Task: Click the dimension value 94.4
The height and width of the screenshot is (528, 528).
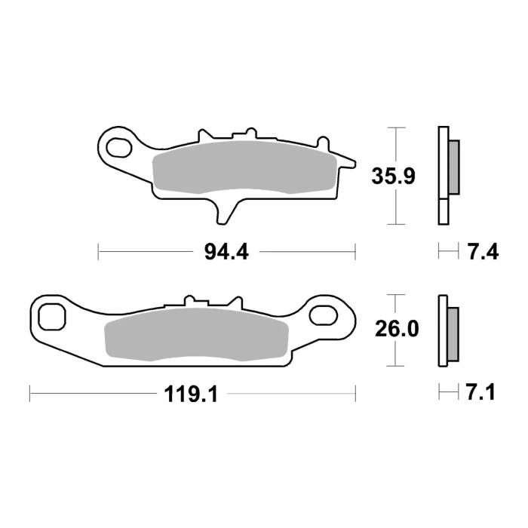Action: coord(226,252)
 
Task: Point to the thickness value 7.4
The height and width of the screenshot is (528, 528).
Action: coord(483,252)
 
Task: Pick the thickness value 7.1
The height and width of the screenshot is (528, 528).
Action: coord(481,393)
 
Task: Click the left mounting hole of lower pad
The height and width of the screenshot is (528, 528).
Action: coord(52,315)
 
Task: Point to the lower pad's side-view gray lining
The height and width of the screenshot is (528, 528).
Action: coord(453,333)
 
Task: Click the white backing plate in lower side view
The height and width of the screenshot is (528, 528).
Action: coord(443,331)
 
